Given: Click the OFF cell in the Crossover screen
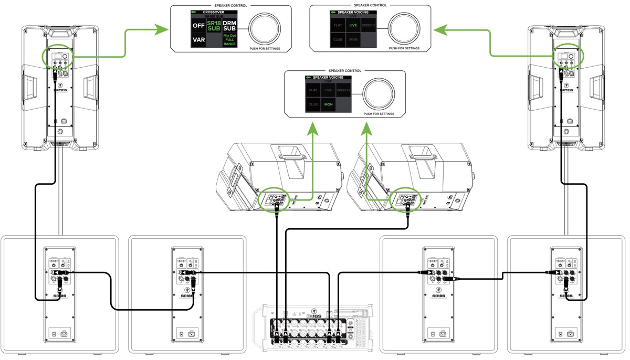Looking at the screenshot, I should coord(198,25).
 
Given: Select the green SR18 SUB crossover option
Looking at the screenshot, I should coord(214,25).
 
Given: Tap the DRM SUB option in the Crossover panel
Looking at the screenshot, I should coord(229,25).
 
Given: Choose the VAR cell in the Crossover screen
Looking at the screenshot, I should coord(198,39).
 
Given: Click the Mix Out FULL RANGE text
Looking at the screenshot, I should coord(229,40).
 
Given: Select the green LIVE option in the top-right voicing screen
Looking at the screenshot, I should coord(353,25).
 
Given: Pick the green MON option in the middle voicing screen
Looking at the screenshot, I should coord(329,104).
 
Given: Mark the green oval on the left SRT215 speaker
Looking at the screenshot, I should coord(59,58).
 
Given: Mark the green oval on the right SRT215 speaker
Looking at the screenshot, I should coord(565,58).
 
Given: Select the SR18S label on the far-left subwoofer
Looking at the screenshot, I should coord(59,295).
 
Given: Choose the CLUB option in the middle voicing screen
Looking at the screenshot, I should coord(313,104).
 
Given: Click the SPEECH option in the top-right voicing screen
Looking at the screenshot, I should coord(369,25).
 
